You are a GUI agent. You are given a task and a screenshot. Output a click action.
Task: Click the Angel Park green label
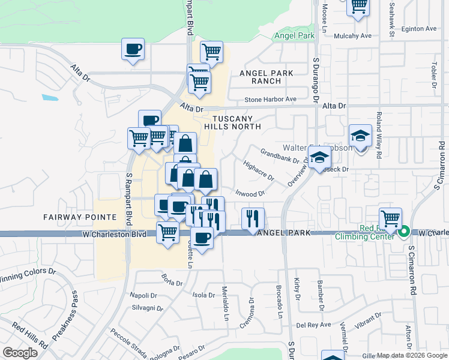point(294,36)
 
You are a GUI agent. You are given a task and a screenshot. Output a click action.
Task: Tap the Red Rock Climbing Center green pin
point(404,231)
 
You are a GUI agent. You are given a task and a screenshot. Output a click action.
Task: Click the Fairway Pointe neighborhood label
point(71,216)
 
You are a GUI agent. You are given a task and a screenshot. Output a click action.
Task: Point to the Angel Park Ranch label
point(266,77)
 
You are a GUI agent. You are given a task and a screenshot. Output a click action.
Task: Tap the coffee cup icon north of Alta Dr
point(133,50)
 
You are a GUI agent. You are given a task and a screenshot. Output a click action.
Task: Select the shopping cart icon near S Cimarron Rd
point(390,218)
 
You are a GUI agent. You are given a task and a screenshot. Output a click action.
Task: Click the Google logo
point(20,352)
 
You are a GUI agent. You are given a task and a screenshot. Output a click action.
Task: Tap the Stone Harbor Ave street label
point(270,99)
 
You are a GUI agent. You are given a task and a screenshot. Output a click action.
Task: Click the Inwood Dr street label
point(250,193)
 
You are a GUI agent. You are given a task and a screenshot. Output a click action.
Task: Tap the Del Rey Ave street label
point(313,325)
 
